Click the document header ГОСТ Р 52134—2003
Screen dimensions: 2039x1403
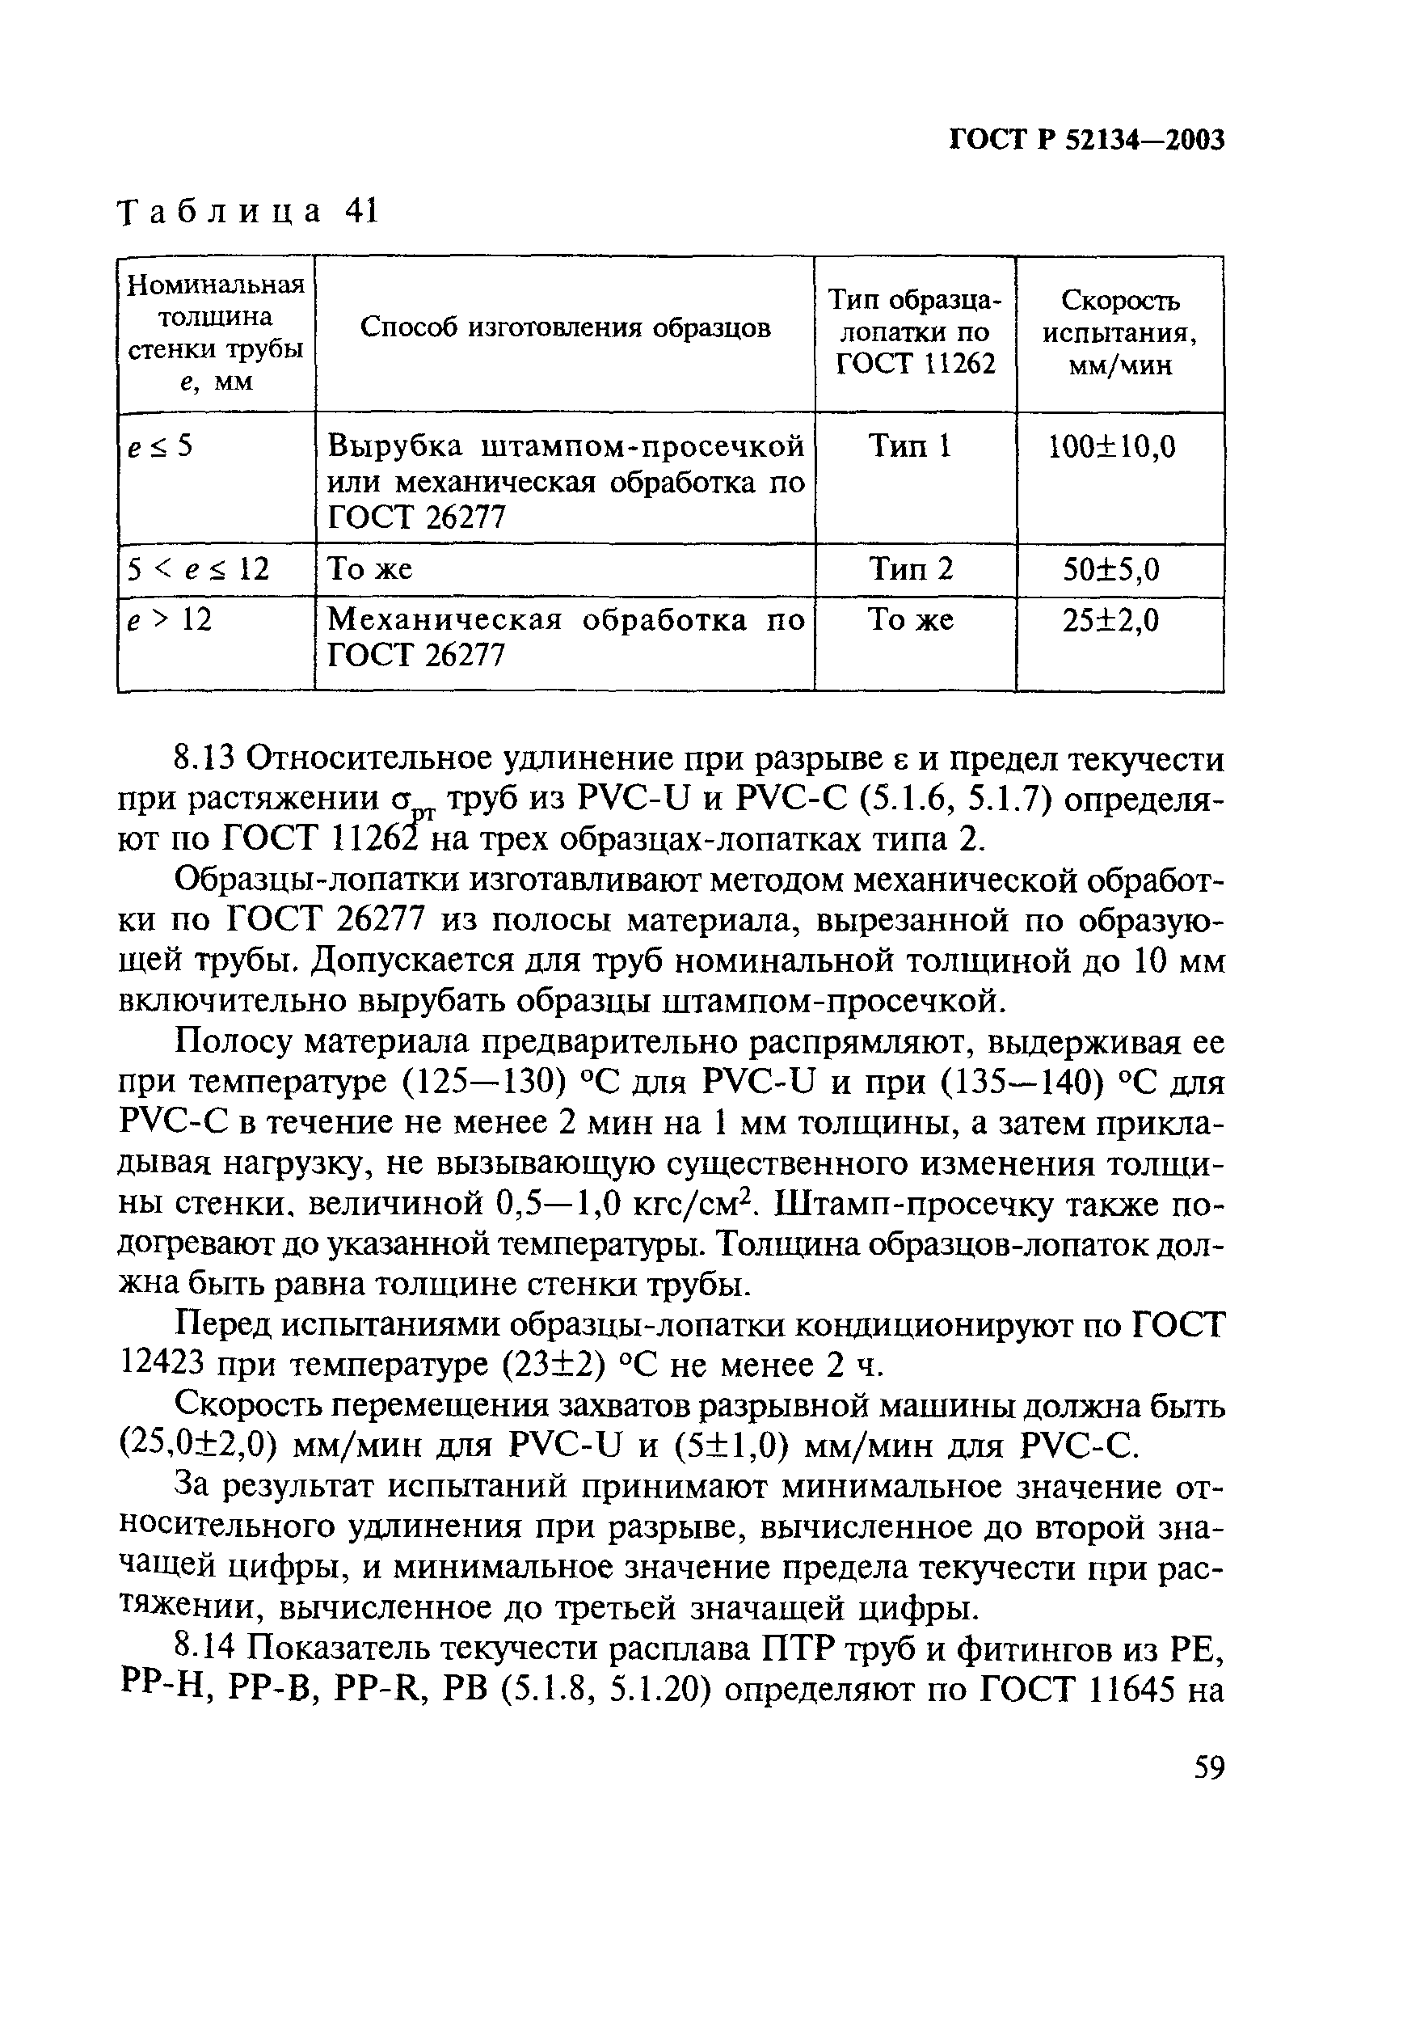[1088, 141]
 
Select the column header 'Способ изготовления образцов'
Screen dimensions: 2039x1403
[565, 328]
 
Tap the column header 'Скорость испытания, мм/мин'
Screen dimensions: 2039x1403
[1120, 332]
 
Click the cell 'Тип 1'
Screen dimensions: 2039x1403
[911, 446]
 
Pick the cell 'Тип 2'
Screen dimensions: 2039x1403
[911, 570]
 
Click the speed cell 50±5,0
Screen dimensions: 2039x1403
[1112, 571]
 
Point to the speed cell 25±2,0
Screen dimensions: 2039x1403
[1111, 622]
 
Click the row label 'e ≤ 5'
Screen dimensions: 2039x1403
[159, 446]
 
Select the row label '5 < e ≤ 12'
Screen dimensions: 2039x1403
[198, 570]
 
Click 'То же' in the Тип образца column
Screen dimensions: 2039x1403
[911, 621]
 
